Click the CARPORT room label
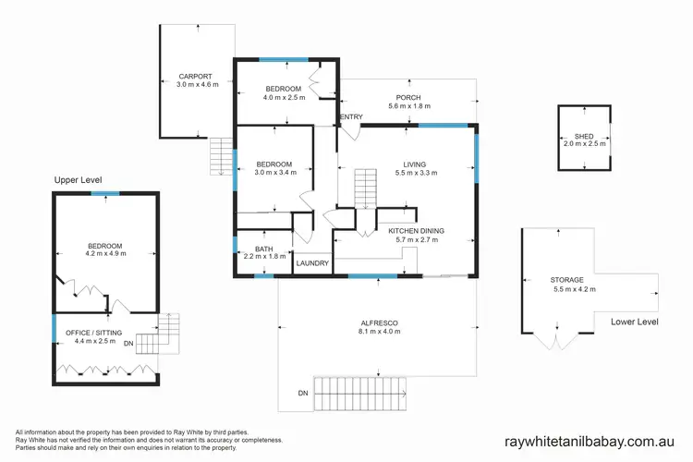click(195, 77)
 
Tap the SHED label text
click(584, 137)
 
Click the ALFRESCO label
click(379, 322)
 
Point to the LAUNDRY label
click(311, 263)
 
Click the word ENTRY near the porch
click(351, 116)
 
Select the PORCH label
click(407, 98)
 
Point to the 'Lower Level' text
click(634, 322)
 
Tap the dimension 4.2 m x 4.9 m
click(104, 254)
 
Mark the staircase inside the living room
click(367, 188)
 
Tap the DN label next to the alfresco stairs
click(303, 394)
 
